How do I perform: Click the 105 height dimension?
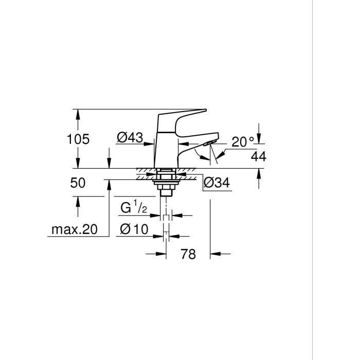[x=78, y=139]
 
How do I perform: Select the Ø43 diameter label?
[x=130, y=138]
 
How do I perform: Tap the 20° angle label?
[x=242, y=142]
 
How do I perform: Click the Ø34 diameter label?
[x=217, y=183]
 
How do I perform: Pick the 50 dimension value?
[x=78, y=183]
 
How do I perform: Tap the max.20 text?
[x=74, y=230]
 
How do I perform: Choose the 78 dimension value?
[x=189, y=254]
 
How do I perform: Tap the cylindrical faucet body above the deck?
[x=166, y=149]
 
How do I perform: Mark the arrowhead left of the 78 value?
[x=162, y=254]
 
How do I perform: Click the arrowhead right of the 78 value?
[x=215, y=254]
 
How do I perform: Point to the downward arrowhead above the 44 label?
[x=258, y=140]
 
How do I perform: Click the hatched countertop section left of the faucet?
[x=145, y=174]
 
